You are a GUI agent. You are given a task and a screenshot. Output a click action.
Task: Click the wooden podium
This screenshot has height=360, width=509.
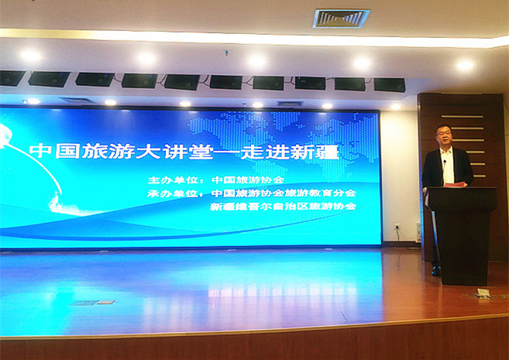click(463, 232)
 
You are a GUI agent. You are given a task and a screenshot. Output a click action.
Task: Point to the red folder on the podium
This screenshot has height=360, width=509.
click(456, 184)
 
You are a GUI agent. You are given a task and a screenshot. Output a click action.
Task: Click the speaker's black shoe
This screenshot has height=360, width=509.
click(436, 271)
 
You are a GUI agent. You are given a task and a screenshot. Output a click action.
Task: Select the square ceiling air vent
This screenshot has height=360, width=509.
click(341, 18)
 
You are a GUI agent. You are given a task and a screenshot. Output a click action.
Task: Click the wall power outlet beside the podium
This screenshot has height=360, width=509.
click(396, 226)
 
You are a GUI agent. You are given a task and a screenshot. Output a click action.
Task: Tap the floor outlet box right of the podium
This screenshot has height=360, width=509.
click(483, 293)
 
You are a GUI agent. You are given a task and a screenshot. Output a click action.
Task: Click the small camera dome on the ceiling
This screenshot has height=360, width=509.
click(226, 53)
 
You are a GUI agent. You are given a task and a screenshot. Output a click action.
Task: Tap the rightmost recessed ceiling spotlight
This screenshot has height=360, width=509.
click(465, 65)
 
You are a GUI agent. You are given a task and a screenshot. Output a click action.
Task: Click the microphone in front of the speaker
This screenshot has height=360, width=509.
click(444, 162)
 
